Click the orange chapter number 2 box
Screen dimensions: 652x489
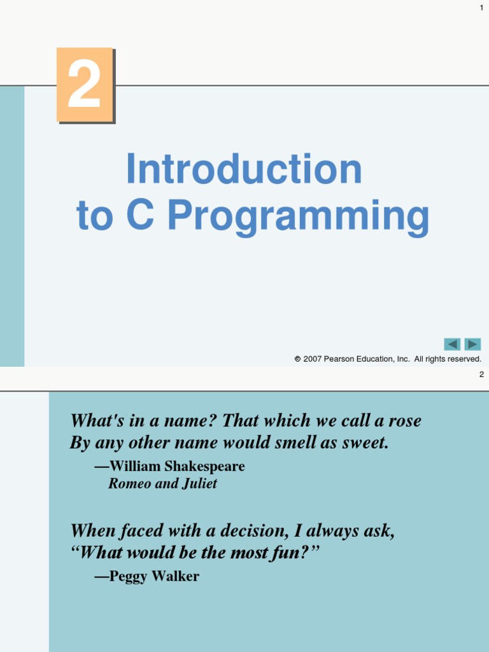click(85, 85)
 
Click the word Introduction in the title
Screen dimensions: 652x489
click(244, 169)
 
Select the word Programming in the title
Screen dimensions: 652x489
click(298, 217)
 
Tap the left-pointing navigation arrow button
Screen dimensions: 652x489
click(452, 344)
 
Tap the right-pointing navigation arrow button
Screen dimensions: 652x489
click(472, 344)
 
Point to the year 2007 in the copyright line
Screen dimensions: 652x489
click(312, 359)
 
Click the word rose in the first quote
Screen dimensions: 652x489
click(404, 421)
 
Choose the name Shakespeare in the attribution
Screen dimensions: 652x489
click(206, 466)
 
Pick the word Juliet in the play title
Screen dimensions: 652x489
click(199, 484)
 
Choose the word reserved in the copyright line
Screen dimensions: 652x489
click(463, 359)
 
